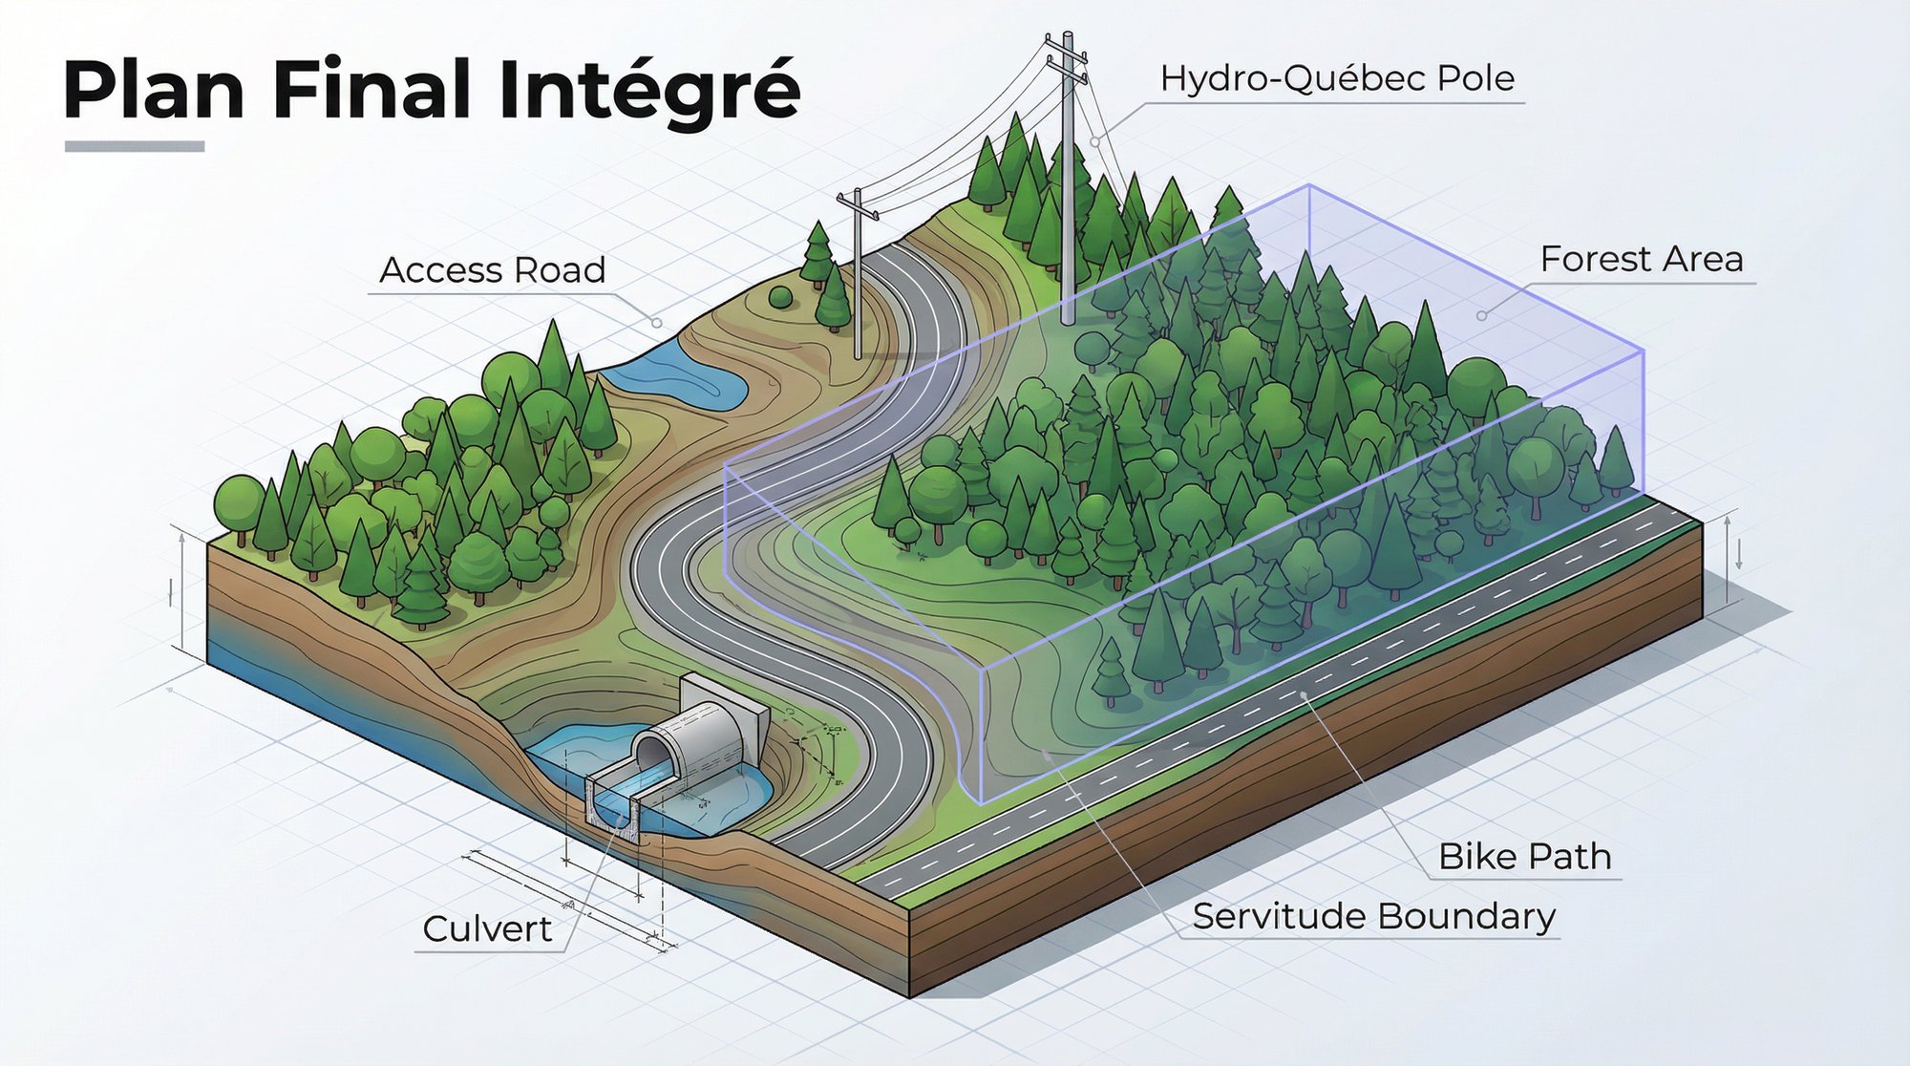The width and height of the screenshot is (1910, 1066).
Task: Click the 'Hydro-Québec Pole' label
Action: click(1337, 78)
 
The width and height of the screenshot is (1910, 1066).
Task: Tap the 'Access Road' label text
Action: click(493, 270)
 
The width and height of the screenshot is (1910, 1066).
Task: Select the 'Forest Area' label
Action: click(1642, 259)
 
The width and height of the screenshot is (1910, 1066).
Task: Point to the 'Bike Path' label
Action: click(1524, 857)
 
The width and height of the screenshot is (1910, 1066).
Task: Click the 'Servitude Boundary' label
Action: click(1373, 916)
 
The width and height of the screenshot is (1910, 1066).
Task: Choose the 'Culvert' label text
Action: click(487, 928)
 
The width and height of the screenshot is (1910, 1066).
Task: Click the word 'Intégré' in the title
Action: click(649, 90)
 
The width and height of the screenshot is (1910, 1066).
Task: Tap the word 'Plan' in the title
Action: click(154, 90)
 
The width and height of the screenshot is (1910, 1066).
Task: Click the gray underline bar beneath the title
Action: click(135, 146)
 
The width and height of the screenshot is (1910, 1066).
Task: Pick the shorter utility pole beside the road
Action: click(858, 277)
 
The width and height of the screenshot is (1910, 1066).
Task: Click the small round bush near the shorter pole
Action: click(780, 296)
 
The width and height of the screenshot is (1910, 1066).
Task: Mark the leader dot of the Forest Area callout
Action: click(1481, 315)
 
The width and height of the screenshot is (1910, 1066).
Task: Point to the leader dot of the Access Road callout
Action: click(657, 323)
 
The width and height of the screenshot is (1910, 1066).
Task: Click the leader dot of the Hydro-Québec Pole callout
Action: click(1095, 141)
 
